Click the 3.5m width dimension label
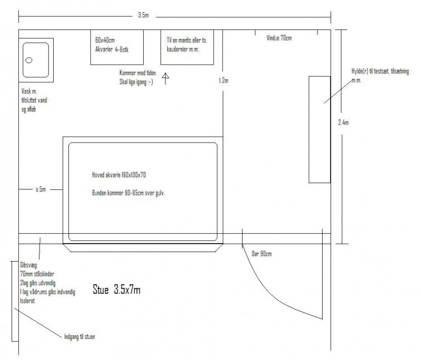coord(143,15)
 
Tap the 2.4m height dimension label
coord(344,123)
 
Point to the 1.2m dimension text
coord(224,81)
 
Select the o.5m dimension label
coord(41,189)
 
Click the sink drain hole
coord(29,60)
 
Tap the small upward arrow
coord(165,78)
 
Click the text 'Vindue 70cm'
coord(279,38)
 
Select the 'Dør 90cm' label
coord(262,254)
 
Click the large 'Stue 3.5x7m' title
coord(116,289)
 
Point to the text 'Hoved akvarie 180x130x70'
coord(119,175)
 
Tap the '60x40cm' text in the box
coord(105,41)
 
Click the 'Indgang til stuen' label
coord(79,337)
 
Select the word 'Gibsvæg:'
coord(29,265)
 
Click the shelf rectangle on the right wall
coord(319,129)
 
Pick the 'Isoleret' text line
coord(27,301)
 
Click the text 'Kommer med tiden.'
coord(138,73)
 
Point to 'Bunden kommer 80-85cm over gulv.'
coord(128,193)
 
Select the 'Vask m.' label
coord(29,91)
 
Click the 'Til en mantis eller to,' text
coord(187,41)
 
